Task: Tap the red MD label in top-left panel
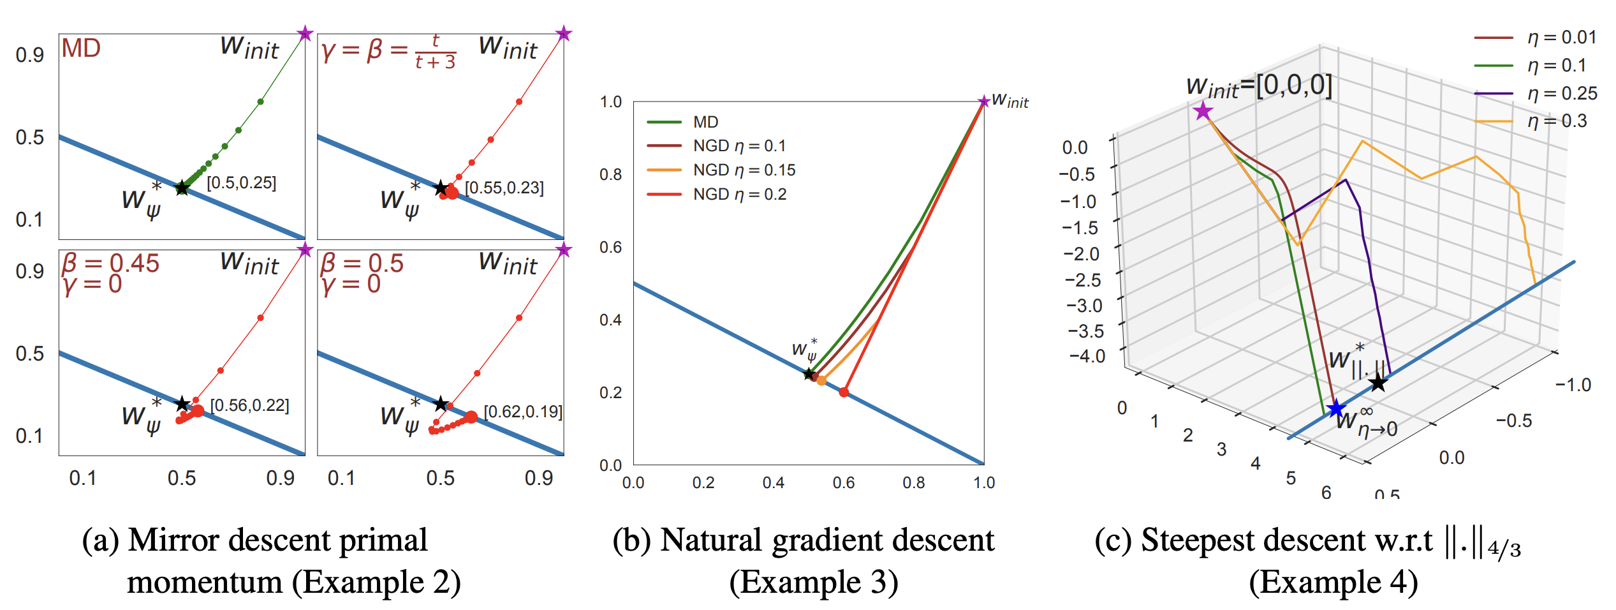click(x=81, y=48)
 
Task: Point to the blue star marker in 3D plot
click(x=1335, y=408)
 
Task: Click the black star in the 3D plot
click(x=1378, y=383)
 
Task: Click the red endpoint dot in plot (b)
click(x=844, y=392)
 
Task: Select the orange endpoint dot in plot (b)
click(x=821, y=381)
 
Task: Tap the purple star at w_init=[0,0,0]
click(x=1203, y=112)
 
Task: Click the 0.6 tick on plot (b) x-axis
click(x=843, y=483)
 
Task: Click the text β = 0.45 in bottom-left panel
click(x=110, y=263)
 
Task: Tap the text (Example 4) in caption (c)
click(x=1333, y=583)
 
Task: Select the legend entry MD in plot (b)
click(x=705, y=122)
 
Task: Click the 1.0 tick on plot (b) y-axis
click(x=610, y=102)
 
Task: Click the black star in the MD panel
click(x=182, y=188)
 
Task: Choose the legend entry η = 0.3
click(x=1557, y=121)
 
